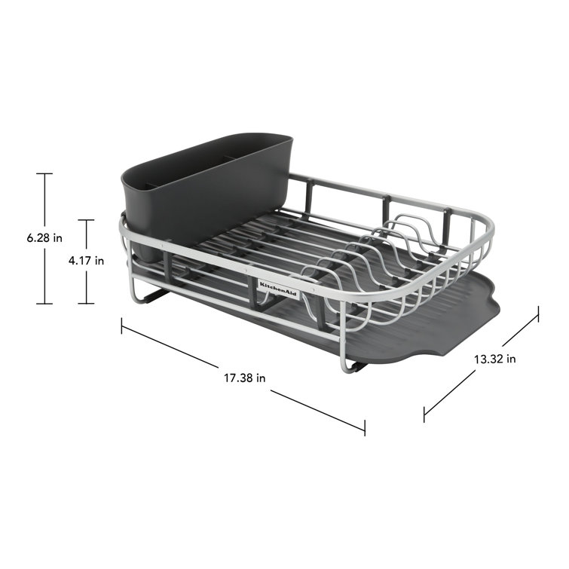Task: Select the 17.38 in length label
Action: point(244,378)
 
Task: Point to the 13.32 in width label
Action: point(494,359)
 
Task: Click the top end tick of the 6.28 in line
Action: point(44,174)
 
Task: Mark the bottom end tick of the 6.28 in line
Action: point(44,304)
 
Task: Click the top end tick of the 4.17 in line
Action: point(87,220)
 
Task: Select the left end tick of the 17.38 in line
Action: point(122,325)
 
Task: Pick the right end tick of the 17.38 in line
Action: point(365,427)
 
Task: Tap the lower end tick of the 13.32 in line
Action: point(424,413)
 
